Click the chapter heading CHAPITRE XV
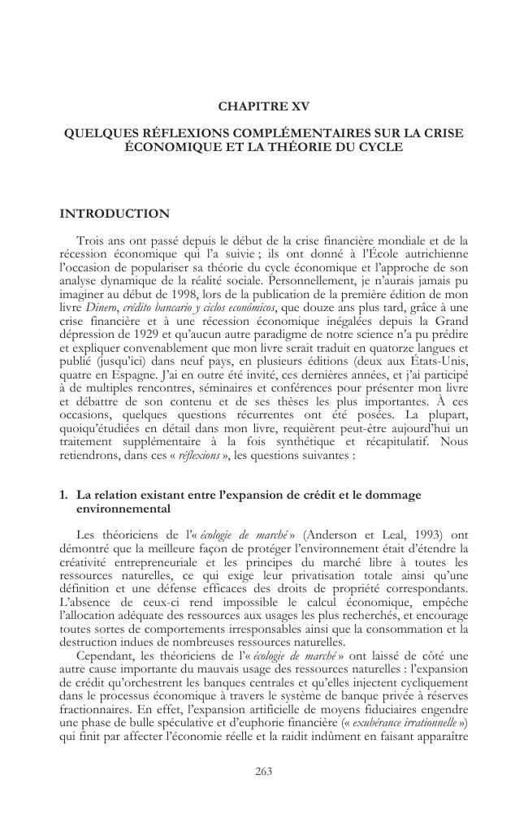click(x=264, y=106)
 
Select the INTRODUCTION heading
click(x=115, y=214)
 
